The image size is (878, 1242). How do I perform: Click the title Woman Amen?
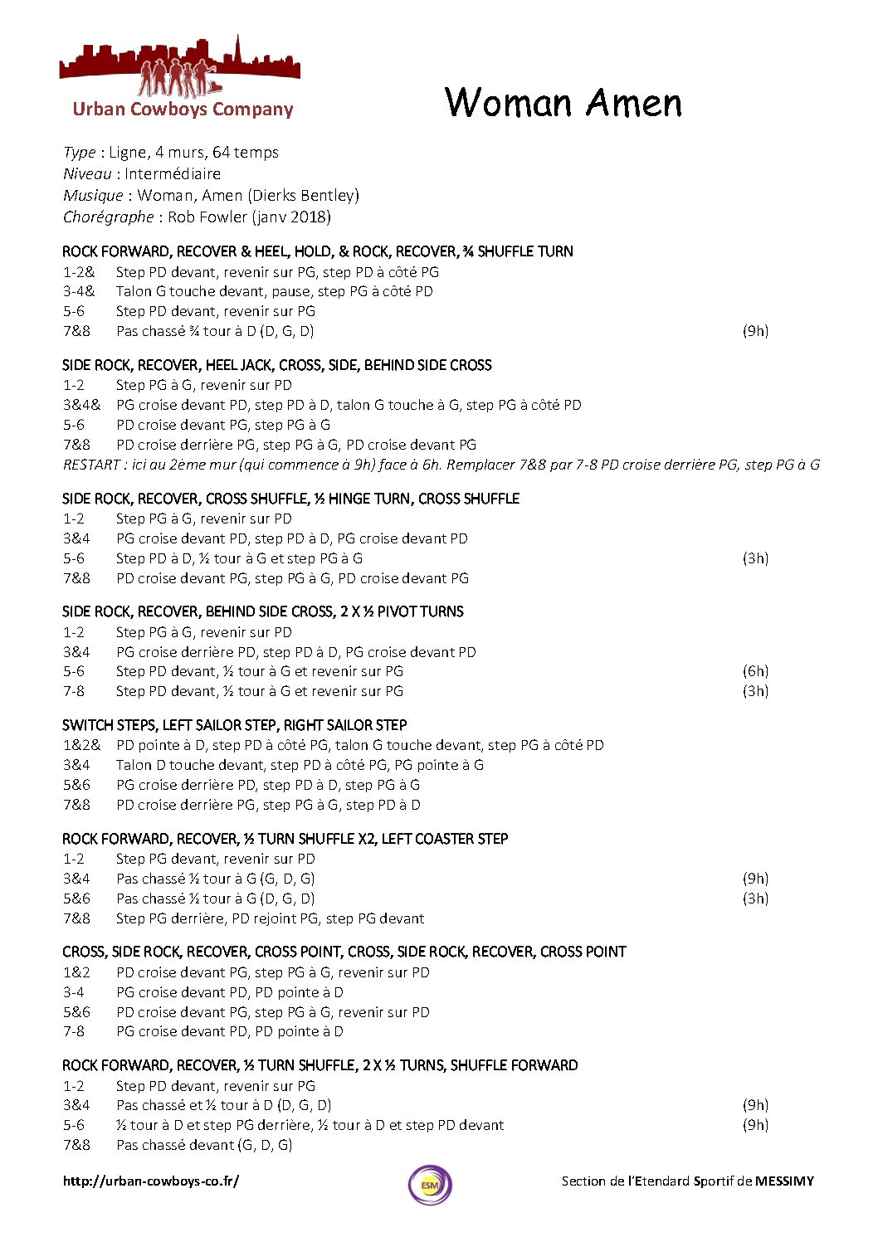[563, 103]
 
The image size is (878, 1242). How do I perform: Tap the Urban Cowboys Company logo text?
[183, 109]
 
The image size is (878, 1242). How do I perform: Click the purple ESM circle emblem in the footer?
[430, 1185]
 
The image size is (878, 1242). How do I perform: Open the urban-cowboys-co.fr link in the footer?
[151, 1181]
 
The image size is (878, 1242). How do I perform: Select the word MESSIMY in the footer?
[784, 1181]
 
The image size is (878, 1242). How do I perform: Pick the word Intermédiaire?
[173, 173]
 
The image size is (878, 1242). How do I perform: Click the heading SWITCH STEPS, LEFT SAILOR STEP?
[235, 724]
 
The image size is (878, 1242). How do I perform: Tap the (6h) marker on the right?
[755, 671]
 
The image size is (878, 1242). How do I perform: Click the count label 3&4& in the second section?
[81, 405]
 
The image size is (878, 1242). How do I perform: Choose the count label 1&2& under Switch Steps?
[81, 745]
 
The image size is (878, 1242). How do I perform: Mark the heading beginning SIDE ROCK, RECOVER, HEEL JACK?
[276, 365]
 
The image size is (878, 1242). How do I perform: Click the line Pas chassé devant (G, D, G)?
[204, 1145]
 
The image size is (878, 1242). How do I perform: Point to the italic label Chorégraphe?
[108, 217]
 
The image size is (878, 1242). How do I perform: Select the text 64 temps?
[246, 152]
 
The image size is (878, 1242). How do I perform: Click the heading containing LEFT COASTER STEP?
[285, 838]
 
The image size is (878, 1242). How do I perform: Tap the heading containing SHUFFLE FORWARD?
[319, 1064]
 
